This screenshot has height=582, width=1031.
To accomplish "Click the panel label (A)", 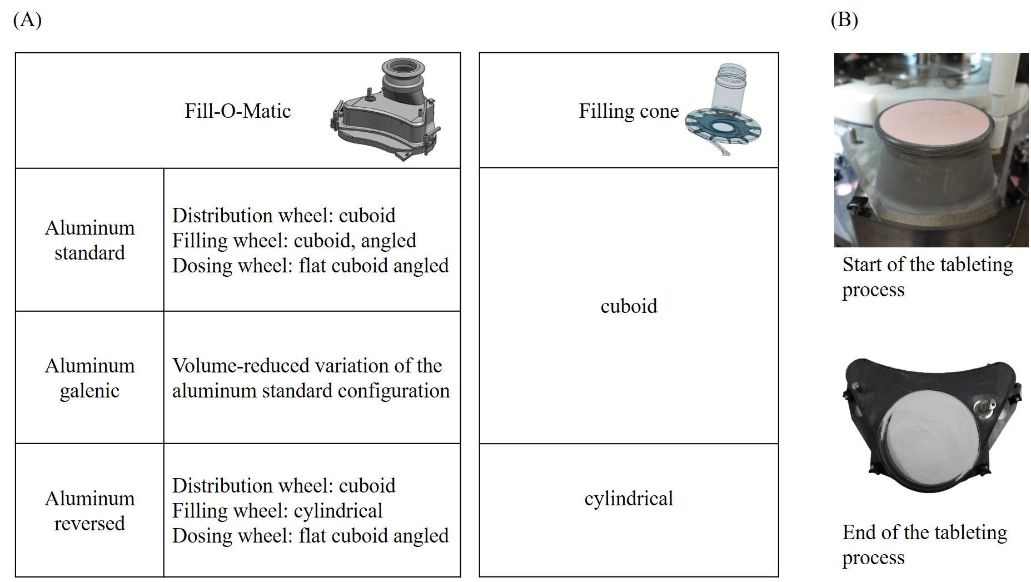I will [x=27, y=20].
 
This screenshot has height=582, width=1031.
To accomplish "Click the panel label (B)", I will [x=844, y=20].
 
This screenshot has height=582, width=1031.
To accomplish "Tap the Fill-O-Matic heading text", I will [x=237, y=111].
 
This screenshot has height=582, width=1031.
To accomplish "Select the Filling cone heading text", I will [x=629, y=111].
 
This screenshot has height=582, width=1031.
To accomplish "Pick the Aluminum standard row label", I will [x=89, y=240].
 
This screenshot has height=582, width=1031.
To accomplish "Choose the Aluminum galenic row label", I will [x=89, y=378].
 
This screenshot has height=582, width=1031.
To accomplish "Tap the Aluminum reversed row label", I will [x=89, y=510].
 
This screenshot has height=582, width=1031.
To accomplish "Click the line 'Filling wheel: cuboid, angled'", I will [x=294, y=240].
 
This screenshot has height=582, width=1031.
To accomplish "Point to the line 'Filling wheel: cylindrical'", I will [x=277, y=510].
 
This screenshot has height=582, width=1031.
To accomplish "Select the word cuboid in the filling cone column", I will [x=629, y=306].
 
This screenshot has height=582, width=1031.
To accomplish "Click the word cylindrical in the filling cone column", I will [x=629, y=498].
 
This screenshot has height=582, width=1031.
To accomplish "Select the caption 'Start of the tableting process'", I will [x=927, y=276].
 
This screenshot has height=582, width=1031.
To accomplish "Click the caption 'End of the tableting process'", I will [x=924, y=544].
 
